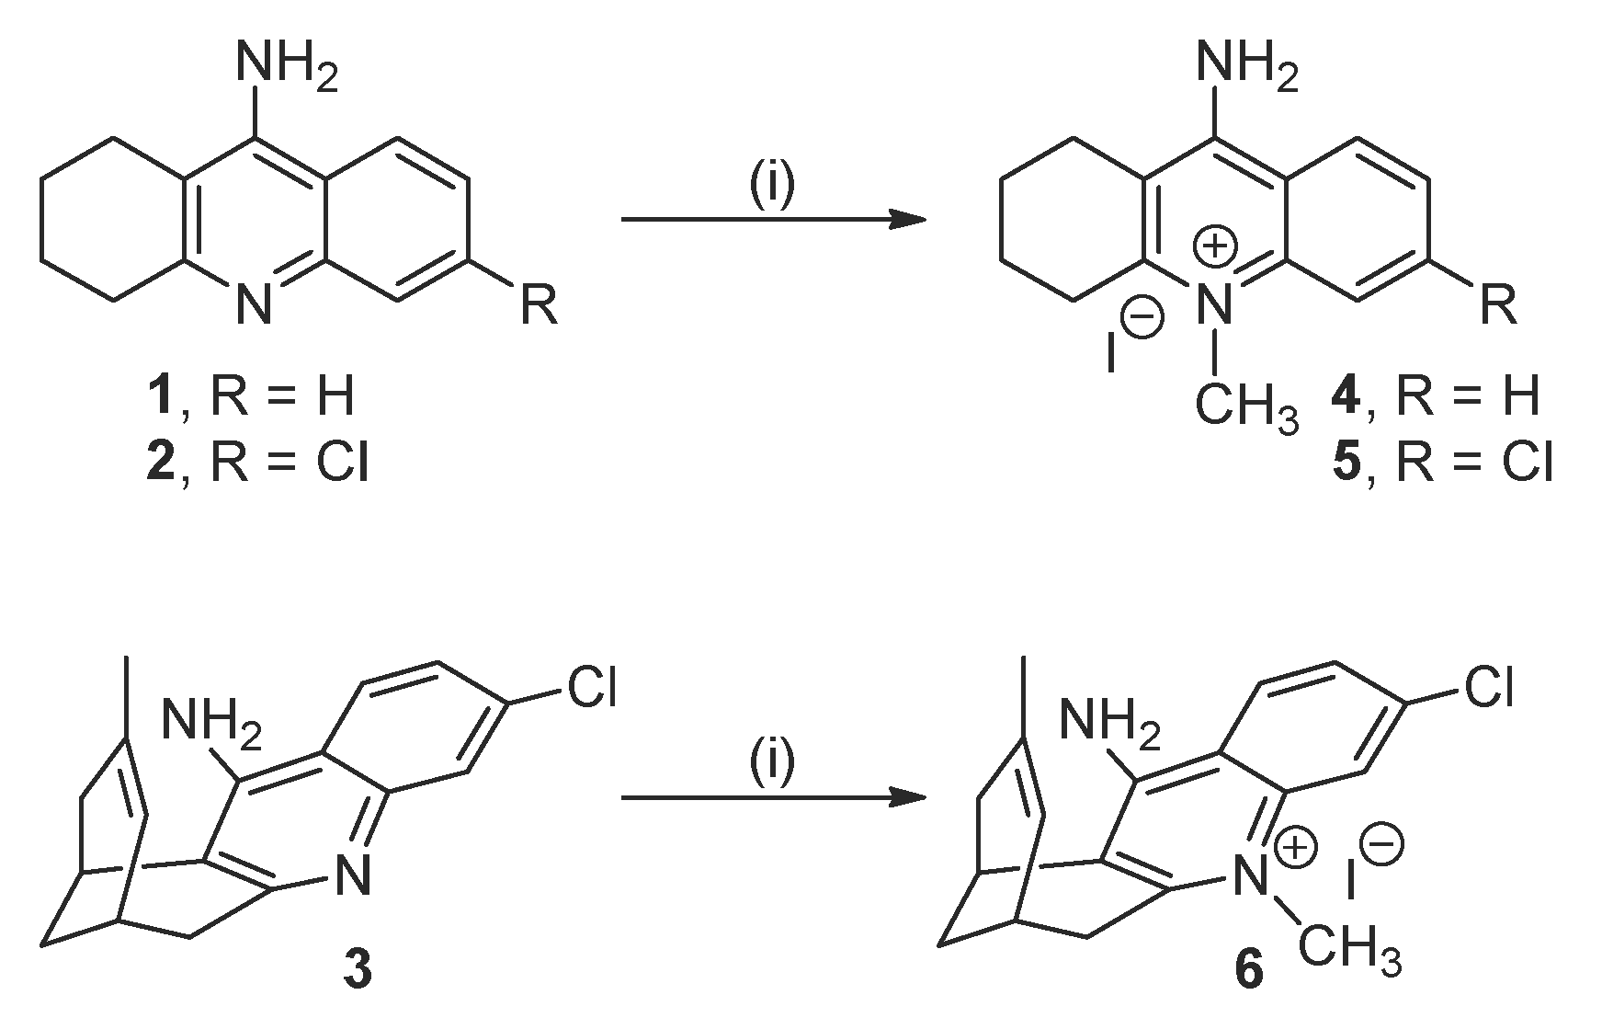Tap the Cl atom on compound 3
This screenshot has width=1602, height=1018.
[590, 687]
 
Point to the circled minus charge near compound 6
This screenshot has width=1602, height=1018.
[1382, 844]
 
